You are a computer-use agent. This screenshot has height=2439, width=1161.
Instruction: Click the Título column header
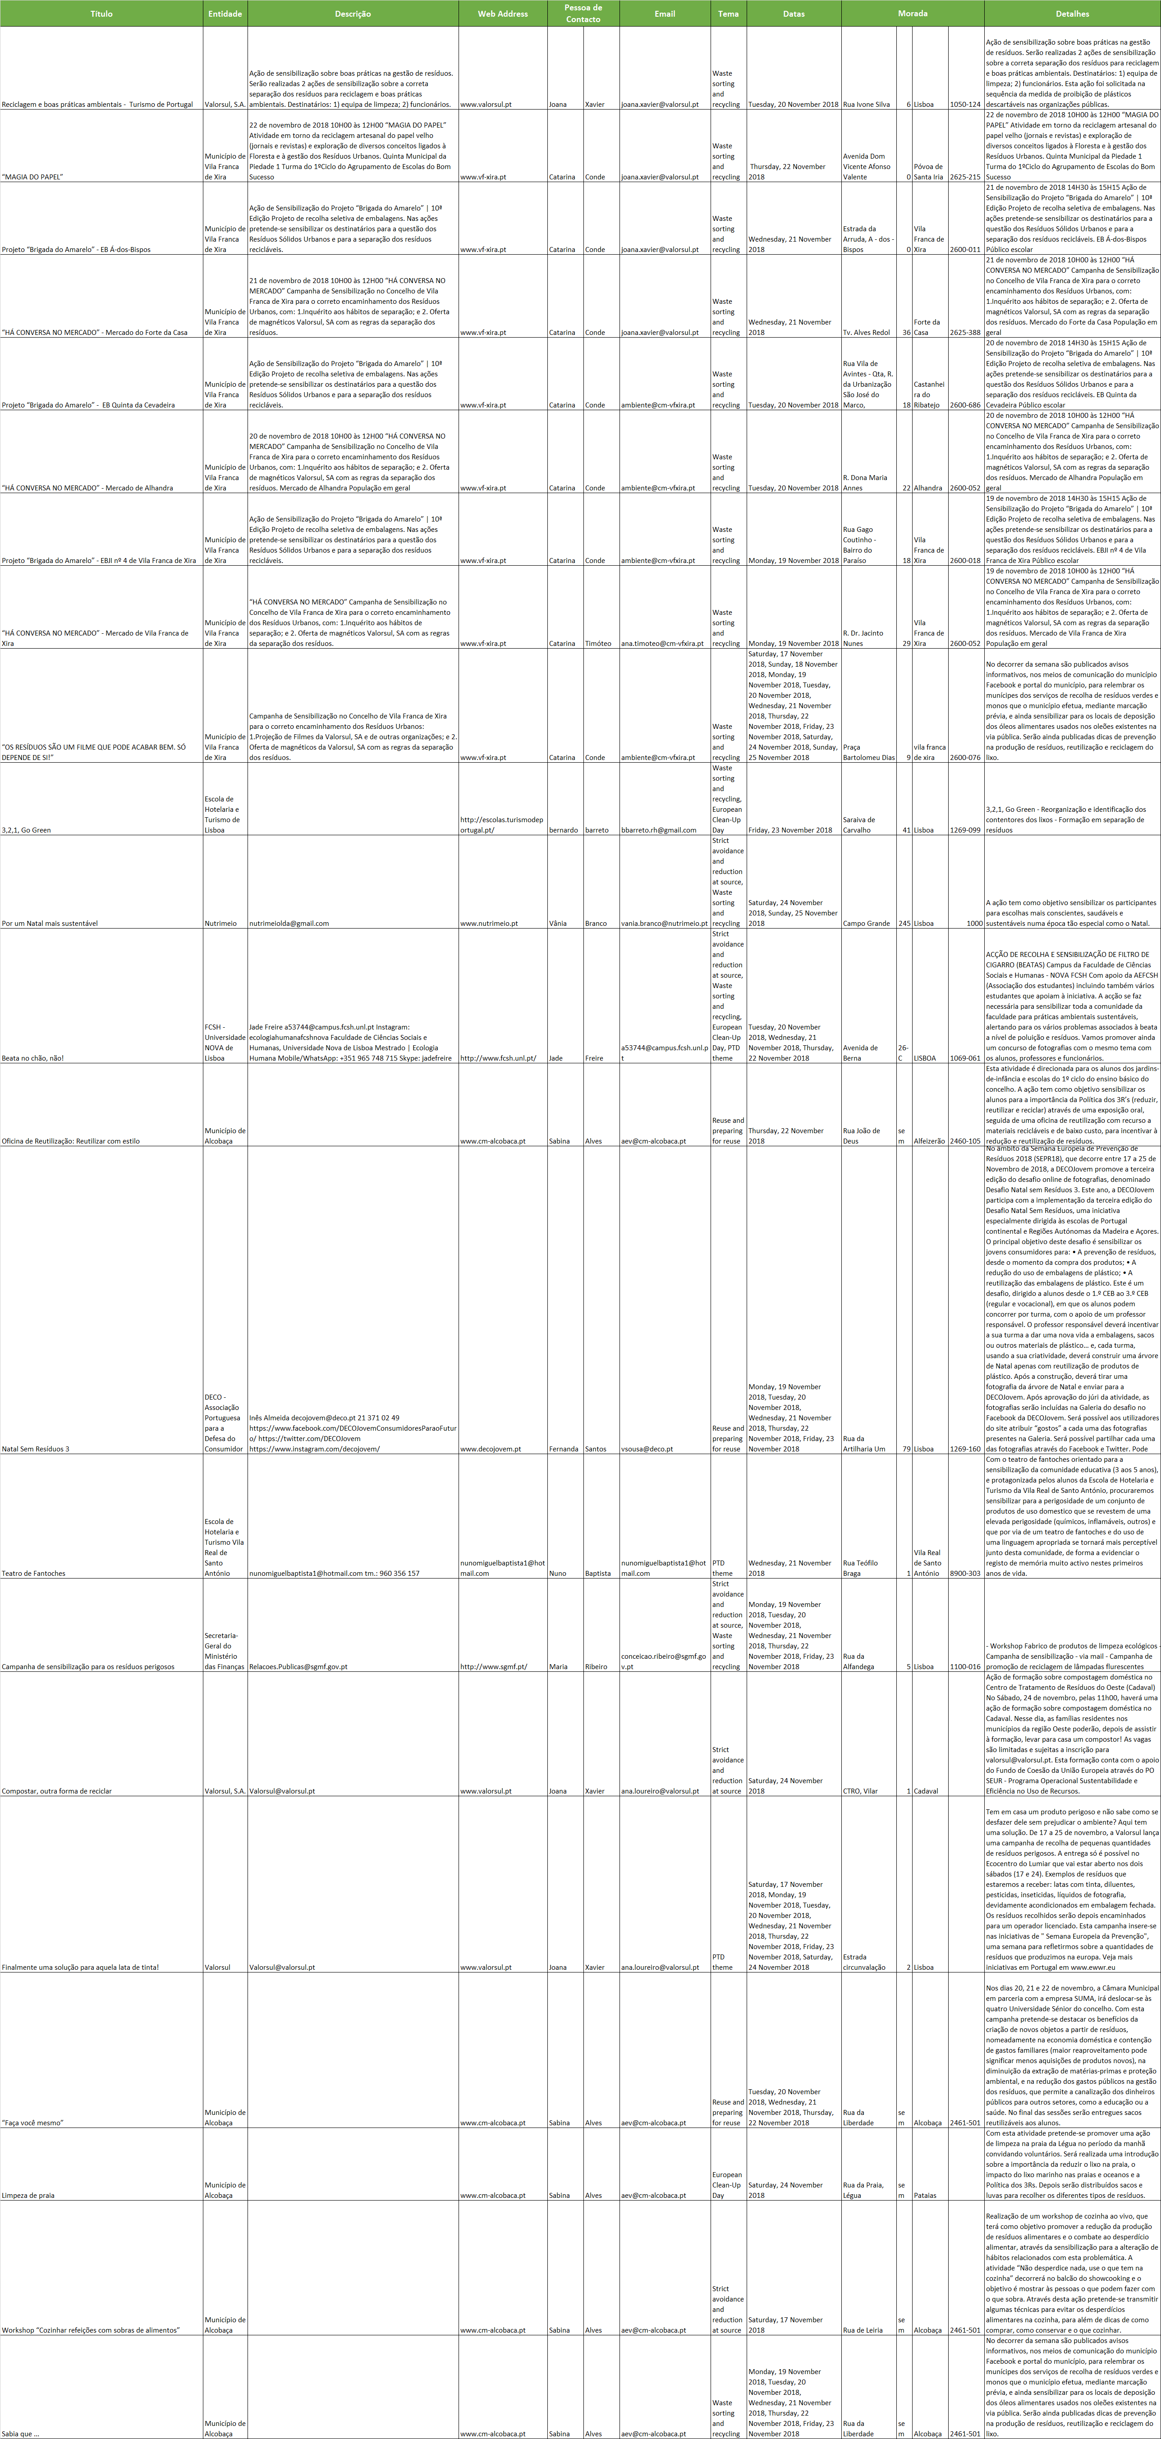[101, 13]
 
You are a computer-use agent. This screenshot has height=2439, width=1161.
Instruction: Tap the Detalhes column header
[1072, 13]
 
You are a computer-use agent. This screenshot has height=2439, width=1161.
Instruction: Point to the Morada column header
[912, 13]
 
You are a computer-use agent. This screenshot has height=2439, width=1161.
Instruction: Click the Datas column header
[794, 13]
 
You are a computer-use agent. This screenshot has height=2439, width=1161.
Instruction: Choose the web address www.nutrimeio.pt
[489, 923]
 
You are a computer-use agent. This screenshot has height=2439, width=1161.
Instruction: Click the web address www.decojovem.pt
[491, 1449]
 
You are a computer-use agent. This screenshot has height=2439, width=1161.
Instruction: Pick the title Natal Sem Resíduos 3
[36, 1449]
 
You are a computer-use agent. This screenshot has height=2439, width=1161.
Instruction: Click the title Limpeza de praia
[28, 2195]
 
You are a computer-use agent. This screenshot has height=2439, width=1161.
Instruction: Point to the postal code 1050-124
[965, 104]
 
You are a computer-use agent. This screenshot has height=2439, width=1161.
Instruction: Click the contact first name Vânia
[558, 923]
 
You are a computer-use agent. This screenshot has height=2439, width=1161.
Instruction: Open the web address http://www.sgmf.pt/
[493, 1666]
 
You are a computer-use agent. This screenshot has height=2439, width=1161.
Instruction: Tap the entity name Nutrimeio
[220, 923]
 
